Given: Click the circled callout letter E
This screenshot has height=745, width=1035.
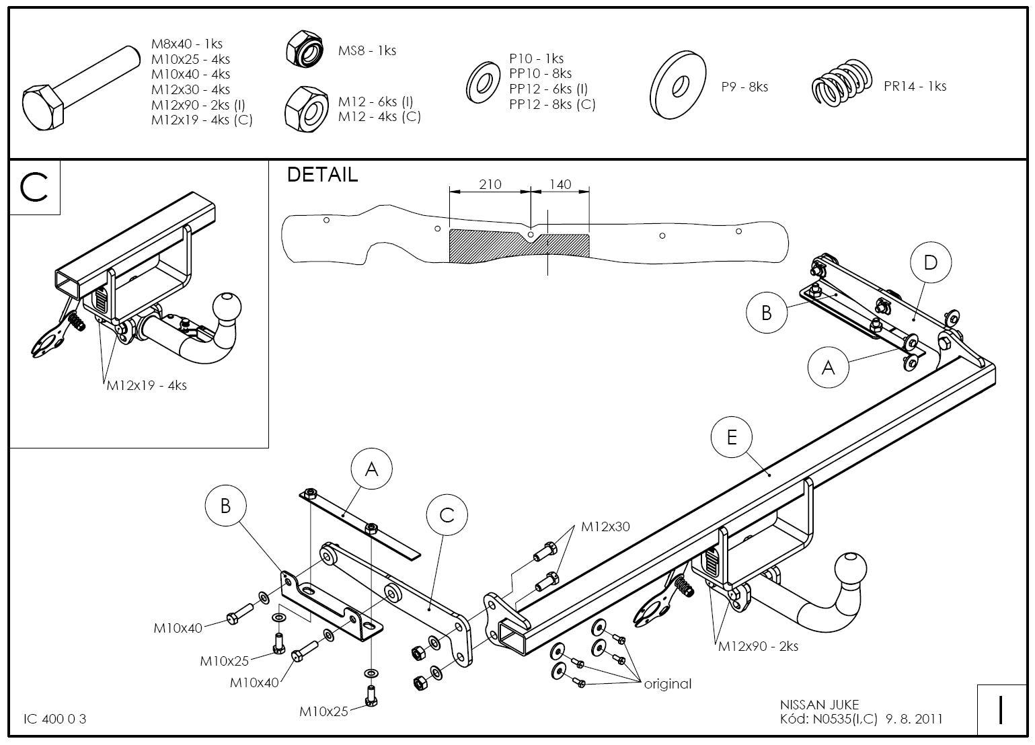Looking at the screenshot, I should tap(732, 438).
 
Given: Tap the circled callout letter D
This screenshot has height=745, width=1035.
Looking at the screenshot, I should tap(930, 262).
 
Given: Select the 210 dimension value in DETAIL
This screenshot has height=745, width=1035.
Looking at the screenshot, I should tap(490, 184).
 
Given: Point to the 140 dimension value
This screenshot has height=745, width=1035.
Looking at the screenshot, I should tap(560, 184).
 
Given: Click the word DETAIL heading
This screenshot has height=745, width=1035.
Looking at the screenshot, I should tap(322, 174).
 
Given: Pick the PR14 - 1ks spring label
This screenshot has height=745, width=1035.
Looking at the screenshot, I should tap(915, 86).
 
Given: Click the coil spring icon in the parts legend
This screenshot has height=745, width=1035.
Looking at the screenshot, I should tap(841, 81).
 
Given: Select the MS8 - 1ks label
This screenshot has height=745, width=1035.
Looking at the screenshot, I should tap(367, 50).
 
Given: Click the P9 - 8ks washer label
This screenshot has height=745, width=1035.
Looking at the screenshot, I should tap(744, 87).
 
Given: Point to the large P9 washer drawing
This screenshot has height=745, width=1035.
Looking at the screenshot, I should tap(679, 85).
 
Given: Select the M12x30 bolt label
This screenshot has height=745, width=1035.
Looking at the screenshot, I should tap(605, 526).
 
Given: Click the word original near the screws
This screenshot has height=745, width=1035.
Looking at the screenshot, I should tap(667, 684).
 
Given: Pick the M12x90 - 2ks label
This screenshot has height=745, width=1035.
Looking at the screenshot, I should tap(758, 646).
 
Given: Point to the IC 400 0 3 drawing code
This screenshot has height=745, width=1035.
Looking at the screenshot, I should tap(55, 719).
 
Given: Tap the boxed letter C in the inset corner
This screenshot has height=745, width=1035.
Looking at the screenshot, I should tap(34, 188).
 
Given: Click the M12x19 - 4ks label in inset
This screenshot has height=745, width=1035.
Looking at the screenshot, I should tap(147, 386).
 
